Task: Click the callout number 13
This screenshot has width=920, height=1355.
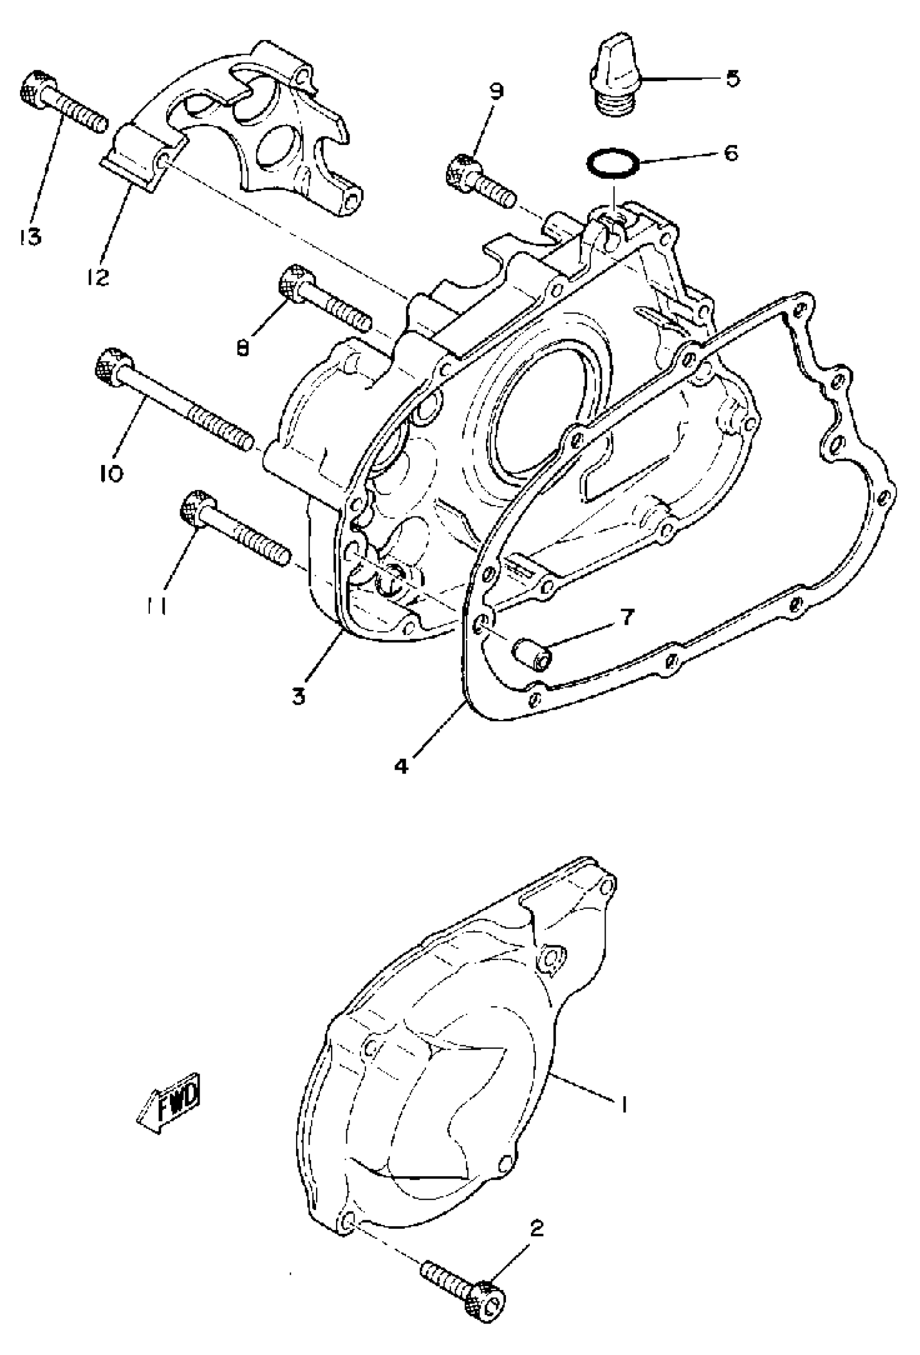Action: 30,236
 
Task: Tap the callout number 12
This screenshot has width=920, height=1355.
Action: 99,277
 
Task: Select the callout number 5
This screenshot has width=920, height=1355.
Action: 732,78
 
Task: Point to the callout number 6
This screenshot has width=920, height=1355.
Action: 731,153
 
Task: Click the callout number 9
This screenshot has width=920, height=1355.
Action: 497,92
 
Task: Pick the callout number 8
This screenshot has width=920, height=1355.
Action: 243,348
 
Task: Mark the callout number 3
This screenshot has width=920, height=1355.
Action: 299,696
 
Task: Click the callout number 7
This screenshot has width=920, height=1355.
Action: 626,617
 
